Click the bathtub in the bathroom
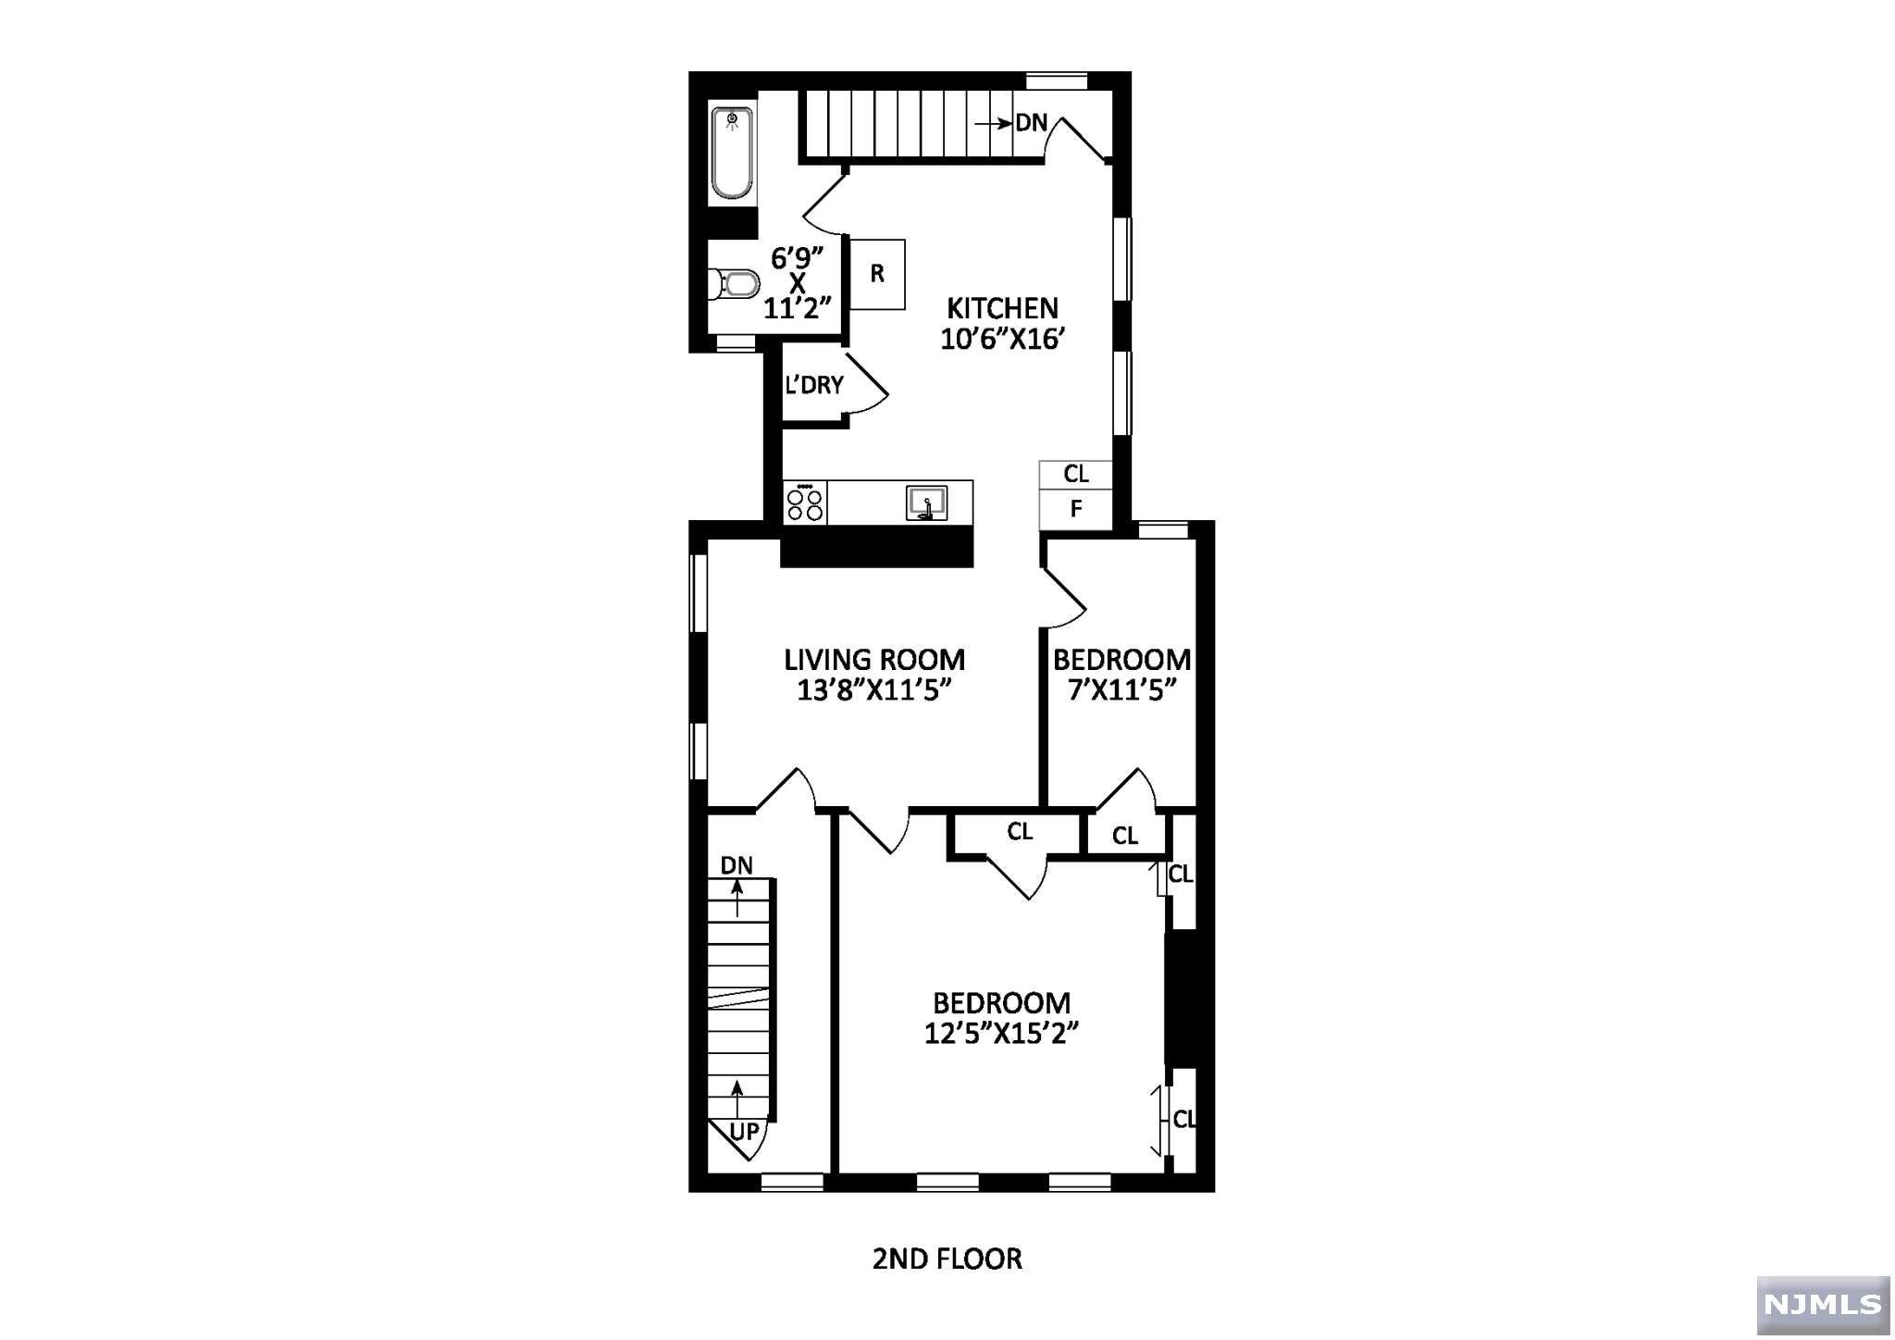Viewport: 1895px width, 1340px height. click(732, 154)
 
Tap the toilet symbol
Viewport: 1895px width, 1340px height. click(733, 283)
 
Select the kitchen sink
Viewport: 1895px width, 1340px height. click(926, 503)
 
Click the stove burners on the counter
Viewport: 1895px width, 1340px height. click(805, 503)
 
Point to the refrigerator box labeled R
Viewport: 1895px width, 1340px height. click(877, 274)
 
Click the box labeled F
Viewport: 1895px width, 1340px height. click(1075, 508)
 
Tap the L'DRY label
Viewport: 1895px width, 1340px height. click(814, 385)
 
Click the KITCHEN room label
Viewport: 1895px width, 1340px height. click(1002, 307)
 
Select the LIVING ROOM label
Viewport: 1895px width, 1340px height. click(874, 659)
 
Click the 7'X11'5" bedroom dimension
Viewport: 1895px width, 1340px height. click(1121, 689)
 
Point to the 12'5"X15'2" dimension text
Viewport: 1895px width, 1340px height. click(1002, 1033)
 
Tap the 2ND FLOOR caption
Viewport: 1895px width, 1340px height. click(947, 1259)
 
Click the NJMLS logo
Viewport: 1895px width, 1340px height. click(1823, 1303)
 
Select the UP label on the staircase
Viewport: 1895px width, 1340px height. click(745, 1131)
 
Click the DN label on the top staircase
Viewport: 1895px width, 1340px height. click(1032, 122)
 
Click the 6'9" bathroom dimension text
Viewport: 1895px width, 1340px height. click(798, 255)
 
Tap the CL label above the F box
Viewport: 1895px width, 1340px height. click(1076, 474)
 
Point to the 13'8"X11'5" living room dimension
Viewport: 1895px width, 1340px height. click(874, 689)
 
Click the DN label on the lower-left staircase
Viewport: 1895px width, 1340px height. click(737, 865)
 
